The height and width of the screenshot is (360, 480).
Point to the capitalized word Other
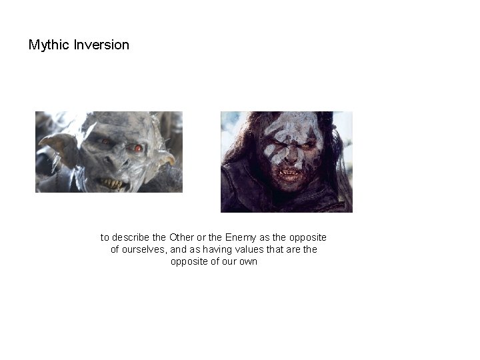[x=182, y=237]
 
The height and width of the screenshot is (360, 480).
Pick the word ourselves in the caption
[x=143, y=249]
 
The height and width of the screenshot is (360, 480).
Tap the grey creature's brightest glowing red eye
[x=138, y=148]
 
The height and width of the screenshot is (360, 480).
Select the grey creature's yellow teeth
[x=112, y=182]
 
